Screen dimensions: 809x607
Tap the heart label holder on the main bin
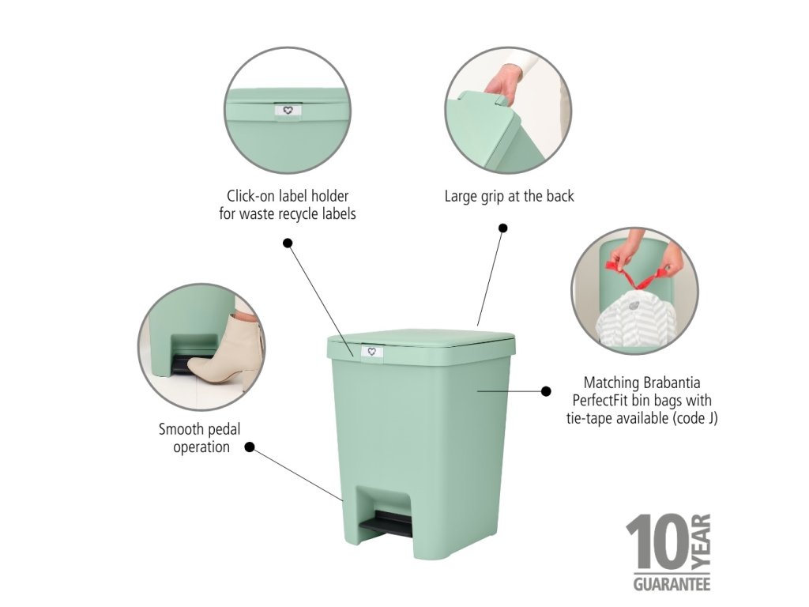(371, 352)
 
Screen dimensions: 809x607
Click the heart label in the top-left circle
(288, 111)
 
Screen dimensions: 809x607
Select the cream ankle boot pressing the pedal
(227, 350)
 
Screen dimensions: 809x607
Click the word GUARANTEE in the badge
(672, 584)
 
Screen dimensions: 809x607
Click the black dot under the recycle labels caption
(288, 243)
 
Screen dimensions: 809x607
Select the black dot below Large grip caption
(503, 228)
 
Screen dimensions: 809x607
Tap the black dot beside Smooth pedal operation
(250, 447)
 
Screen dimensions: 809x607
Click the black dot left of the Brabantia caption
(546, 391)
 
